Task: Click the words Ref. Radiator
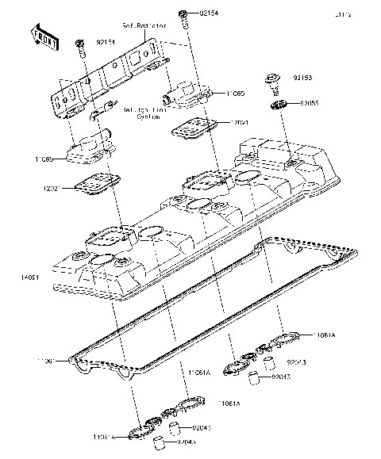(x=144, y=26)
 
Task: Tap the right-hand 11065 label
(x=233, y=94)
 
